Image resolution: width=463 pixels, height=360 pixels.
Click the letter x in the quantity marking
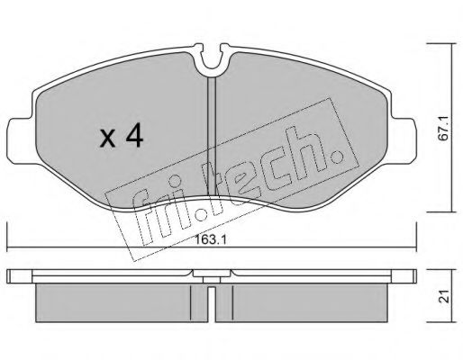107,139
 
